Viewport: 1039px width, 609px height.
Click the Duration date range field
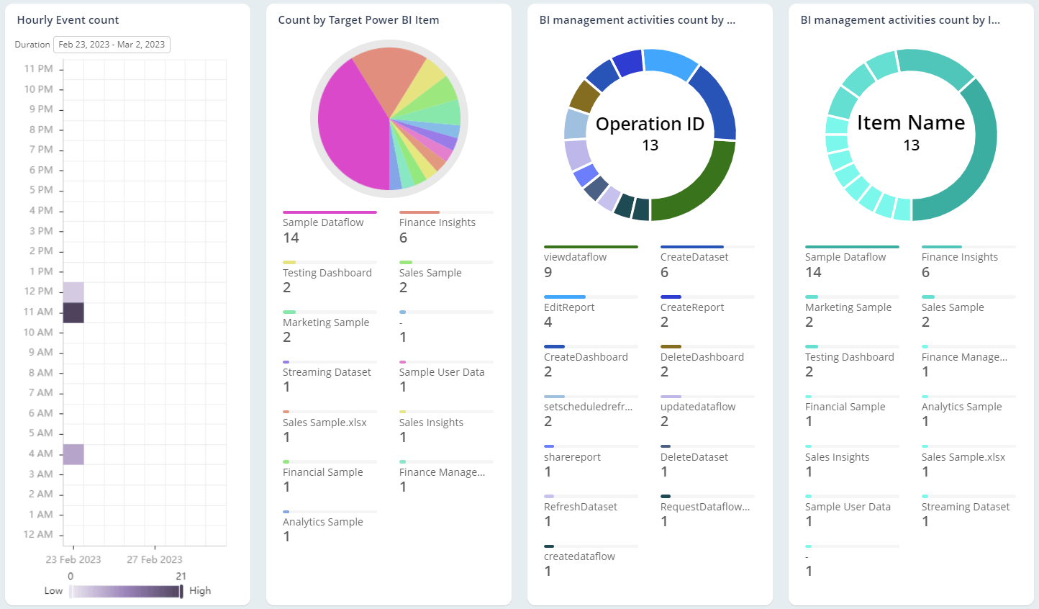coord(112,45)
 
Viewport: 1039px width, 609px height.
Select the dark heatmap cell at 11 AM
coord(73,312)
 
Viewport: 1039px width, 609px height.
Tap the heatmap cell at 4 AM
coord(73,454)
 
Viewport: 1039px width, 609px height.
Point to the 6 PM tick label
coord(41,170)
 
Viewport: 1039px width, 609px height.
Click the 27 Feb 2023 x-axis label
coord(155,559)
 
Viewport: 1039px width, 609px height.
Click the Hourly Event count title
coord(68,20)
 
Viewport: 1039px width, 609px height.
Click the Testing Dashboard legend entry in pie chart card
coord(327,273)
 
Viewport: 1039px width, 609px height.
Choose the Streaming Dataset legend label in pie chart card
coord(327,372)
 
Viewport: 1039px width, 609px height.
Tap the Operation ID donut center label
coord(650,124)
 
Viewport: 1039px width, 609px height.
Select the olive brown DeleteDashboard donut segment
coord(584,96)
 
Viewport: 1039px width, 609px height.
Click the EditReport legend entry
coord(569,307)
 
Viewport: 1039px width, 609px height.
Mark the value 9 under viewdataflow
coord(548,273)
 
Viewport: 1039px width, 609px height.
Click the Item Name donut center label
coord(911,123)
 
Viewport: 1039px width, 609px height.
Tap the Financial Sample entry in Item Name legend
coord(845,407)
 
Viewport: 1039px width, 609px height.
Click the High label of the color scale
coord(200,590)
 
